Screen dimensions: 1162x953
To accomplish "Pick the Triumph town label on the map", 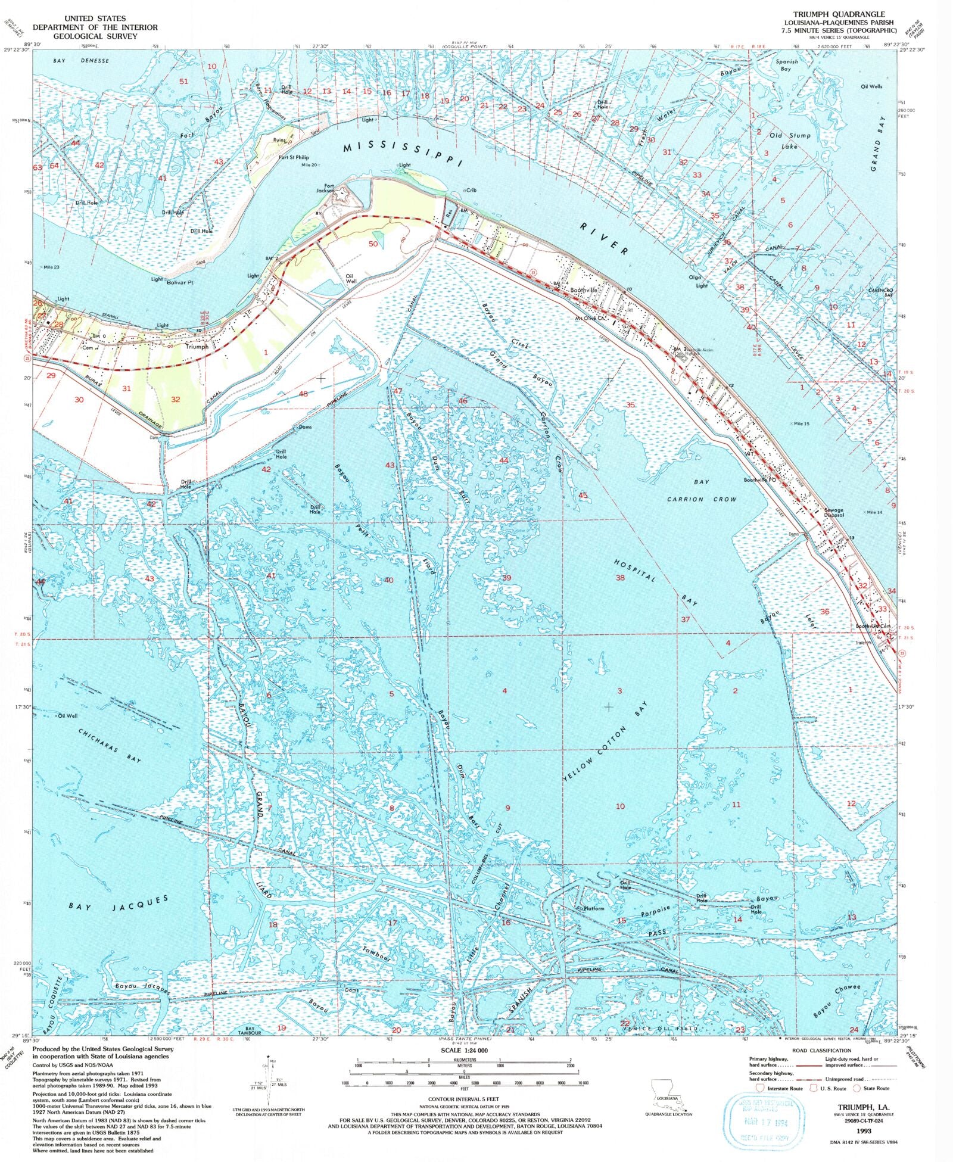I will point(197,346).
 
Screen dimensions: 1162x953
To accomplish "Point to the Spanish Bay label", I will point(786,65).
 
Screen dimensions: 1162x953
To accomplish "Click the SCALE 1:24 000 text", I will point(464,1050).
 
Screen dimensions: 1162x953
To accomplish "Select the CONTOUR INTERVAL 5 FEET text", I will point(463,1098).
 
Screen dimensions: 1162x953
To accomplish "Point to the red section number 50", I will point(373,244).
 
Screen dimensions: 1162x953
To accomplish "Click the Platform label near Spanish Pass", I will point(593,908).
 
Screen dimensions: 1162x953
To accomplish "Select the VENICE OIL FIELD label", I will point(658,1028).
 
